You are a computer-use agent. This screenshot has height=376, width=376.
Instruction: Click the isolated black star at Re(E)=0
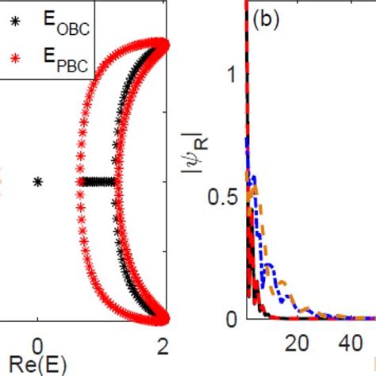(x=37, y=182)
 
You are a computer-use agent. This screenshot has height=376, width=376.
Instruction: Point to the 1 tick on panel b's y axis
(x=232, y=75)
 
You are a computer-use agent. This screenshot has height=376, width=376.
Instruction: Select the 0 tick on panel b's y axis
(x=232, y=319)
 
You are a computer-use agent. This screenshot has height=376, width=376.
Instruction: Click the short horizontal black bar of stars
(x=99, y=182)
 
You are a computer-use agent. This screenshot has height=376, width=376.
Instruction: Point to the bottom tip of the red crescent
(x=163, y=320)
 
